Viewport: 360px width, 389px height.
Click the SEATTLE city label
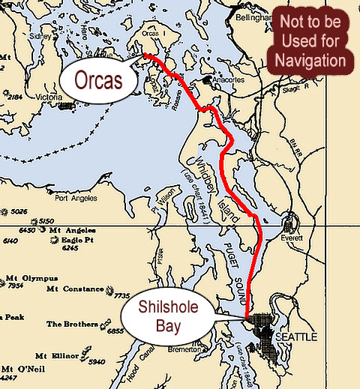point(297,337)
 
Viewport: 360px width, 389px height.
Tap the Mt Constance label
point(73,289)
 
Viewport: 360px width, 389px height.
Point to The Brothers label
point(71,325)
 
